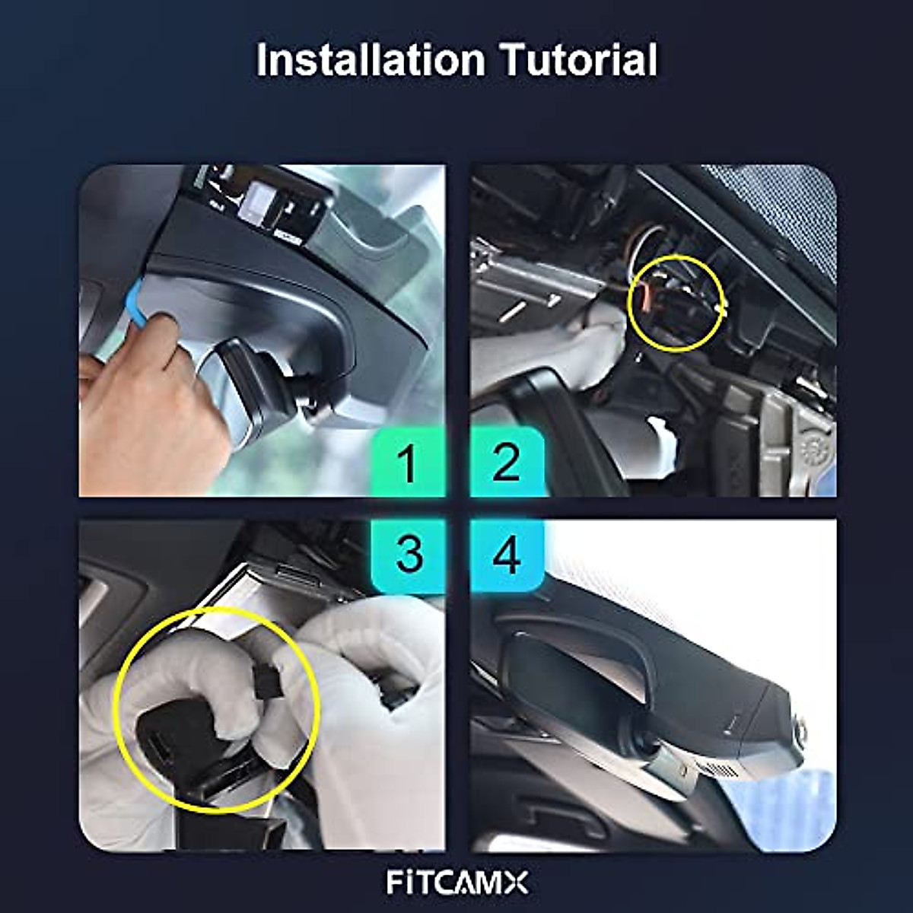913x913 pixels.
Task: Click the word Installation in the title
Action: point(370,61)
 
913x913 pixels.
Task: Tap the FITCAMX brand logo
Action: point(456,883)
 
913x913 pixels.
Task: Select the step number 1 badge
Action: point(408,463)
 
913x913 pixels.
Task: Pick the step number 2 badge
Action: point(506,463)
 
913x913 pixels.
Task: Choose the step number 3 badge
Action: point(409,555)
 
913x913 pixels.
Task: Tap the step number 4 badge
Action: point(506,555)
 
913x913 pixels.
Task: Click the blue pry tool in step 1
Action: point(136,301)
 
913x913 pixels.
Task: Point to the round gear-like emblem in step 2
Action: point(816,449)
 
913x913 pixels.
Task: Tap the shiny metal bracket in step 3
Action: point(228,601)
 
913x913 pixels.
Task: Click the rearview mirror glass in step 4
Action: point(563,677)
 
